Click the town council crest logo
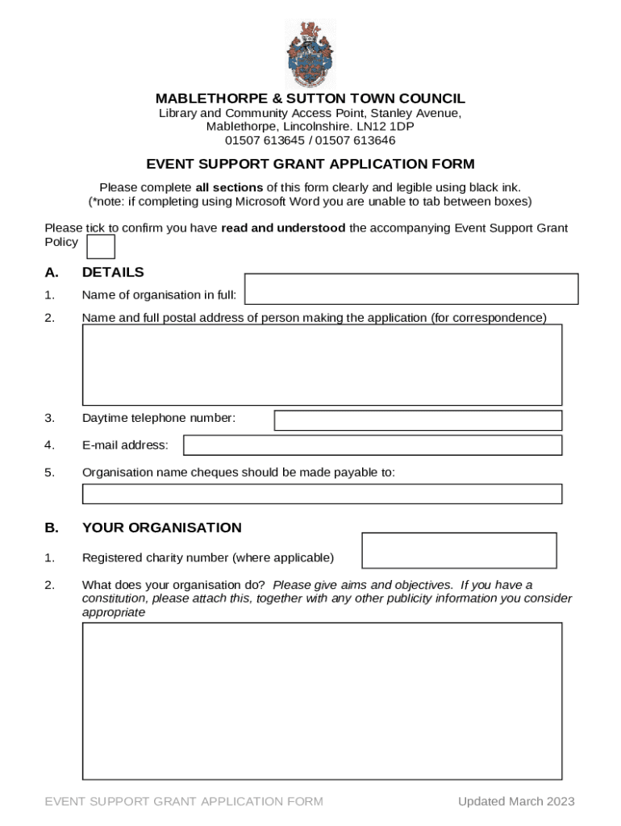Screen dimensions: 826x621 click(310, 54)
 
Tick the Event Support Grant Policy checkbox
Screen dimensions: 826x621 click(101, 247)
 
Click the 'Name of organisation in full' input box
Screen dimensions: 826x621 click(411, 289)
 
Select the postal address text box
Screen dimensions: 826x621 click(322, 365)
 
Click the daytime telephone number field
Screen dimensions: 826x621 click(418, 420)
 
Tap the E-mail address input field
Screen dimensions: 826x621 click(373, 445)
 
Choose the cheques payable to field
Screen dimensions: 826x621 click(322, 494)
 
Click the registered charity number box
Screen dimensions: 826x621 click(459, 550)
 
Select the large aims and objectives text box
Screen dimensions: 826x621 click(322, 701)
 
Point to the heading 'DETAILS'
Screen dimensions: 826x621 click(113, 273)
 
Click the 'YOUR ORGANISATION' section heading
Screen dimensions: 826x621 click(161, 528)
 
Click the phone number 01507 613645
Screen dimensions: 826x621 click(265, 140)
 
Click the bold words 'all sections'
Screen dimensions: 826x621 click(229, 187)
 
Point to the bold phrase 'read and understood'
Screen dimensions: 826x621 click(283, 228)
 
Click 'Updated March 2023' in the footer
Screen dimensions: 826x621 click(516, 801)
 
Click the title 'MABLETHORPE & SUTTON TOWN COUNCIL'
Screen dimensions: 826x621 click(310, 99)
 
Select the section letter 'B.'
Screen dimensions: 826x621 click(52, 528)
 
